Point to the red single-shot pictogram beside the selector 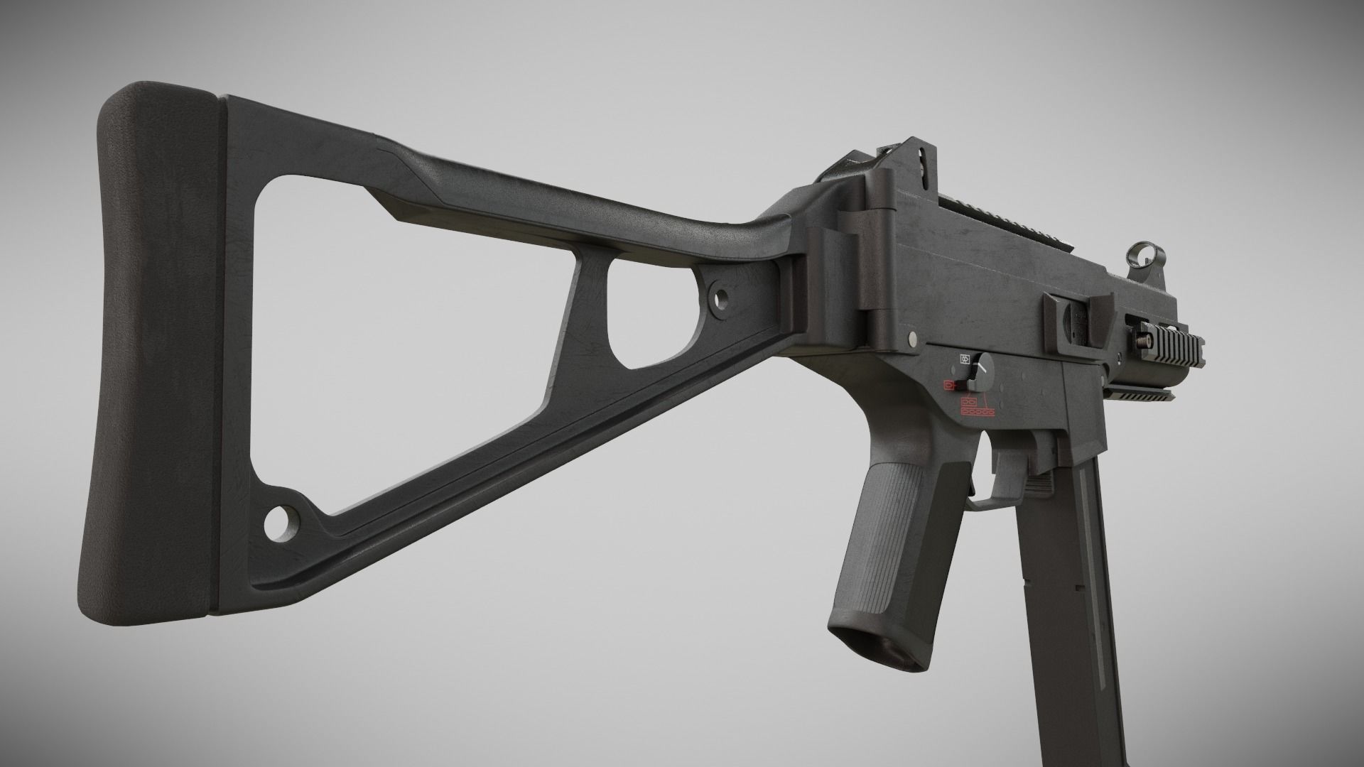tap(948, 385)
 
